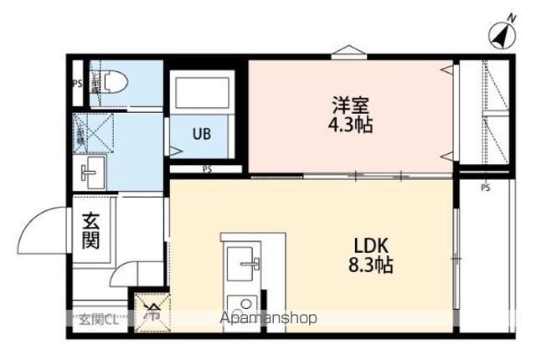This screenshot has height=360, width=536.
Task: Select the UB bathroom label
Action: coord(202,133)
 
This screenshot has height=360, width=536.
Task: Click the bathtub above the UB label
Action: coord(202,93)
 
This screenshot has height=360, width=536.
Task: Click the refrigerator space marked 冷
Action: coord(153,314)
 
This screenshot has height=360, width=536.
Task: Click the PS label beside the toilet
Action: coord(77,83)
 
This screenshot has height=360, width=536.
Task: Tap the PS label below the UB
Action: coord(207,169)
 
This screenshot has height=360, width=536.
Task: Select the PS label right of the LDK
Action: coord(485,188)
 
